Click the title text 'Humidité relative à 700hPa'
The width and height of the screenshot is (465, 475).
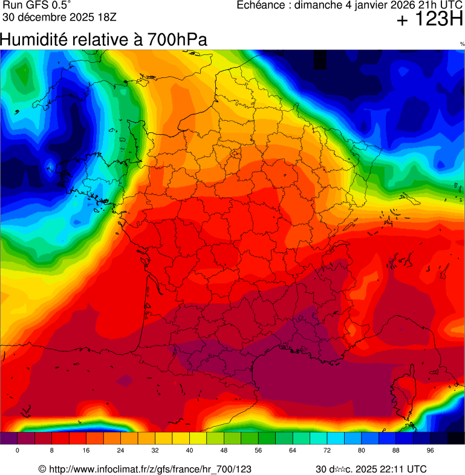[x=103, y=40]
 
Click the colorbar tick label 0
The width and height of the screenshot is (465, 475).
[x=18, y=451]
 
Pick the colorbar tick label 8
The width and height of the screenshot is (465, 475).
[x=52, y=451]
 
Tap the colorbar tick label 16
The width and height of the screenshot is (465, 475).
[x=86, y=451]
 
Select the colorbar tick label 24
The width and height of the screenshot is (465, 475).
[x=121, y=451]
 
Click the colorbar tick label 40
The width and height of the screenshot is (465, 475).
[x=189, y=451]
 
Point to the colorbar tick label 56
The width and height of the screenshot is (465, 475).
[x=258, y=451]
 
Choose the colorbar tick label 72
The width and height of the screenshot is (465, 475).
[x=327, y=451]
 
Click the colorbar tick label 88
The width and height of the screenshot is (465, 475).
[x=396, y=451]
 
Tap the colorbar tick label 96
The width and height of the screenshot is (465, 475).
[x=431, y=451]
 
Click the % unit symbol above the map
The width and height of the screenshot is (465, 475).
[x=462, y=44]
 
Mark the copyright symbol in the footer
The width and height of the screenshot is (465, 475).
[x=42, y=469]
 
